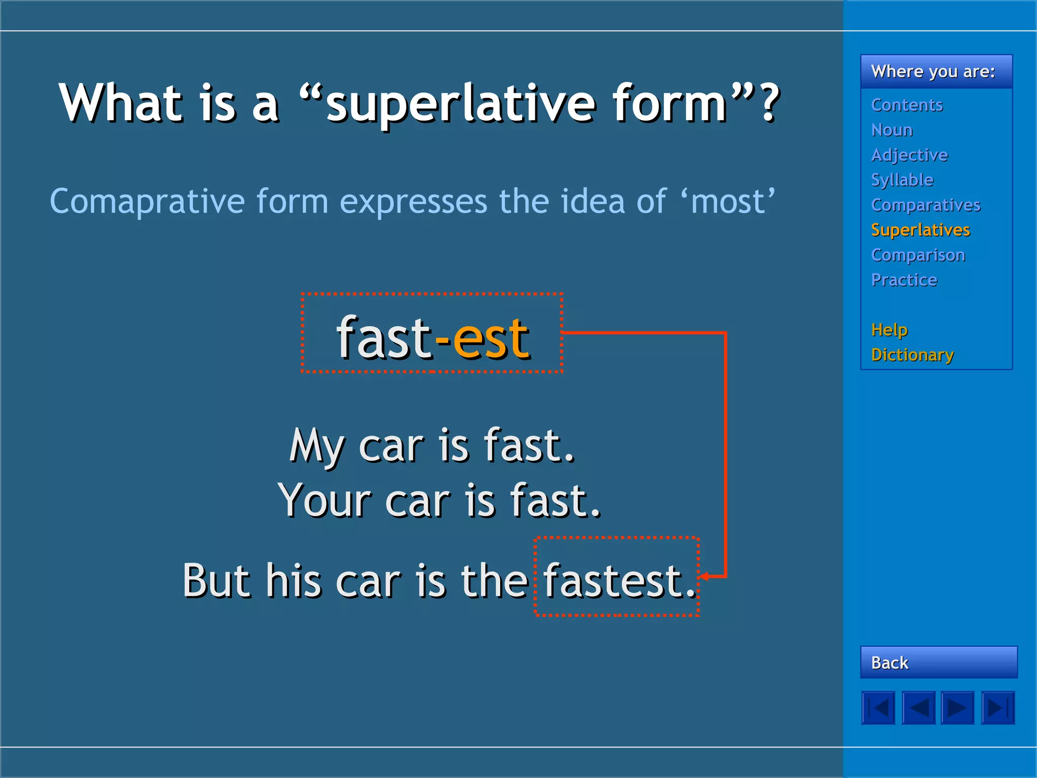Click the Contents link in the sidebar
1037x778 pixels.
click(x=906, y=105)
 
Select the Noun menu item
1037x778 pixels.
click(x=892, y=130)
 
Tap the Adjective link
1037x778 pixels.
click(x=909, y=155)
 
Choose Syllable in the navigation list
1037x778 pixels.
click(x=902, y=180)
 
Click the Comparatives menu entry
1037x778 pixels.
click(x=926, y=205)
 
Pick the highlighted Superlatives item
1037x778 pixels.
click(x=920, y=230)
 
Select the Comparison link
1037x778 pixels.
click(x=918, y=255)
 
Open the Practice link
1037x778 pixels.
click(x=904, y=280)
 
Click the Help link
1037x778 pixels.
click(x=889, y=330)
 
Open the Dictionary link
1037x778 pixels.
click(x=912, y=355)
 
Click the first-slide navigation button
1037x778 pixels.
click(x=878, y=708)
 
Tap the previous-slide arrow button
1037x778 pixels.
click(x=918, y=708)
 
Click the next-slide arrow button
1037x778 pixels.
click(x=958, y=708)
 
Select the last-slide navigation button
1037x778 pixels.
click(x=998, y=708)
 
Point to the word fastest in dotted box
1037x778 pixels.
click(x=614, y=580)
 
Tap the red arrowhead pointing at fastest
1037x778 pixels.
click(x=704, y=576)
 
